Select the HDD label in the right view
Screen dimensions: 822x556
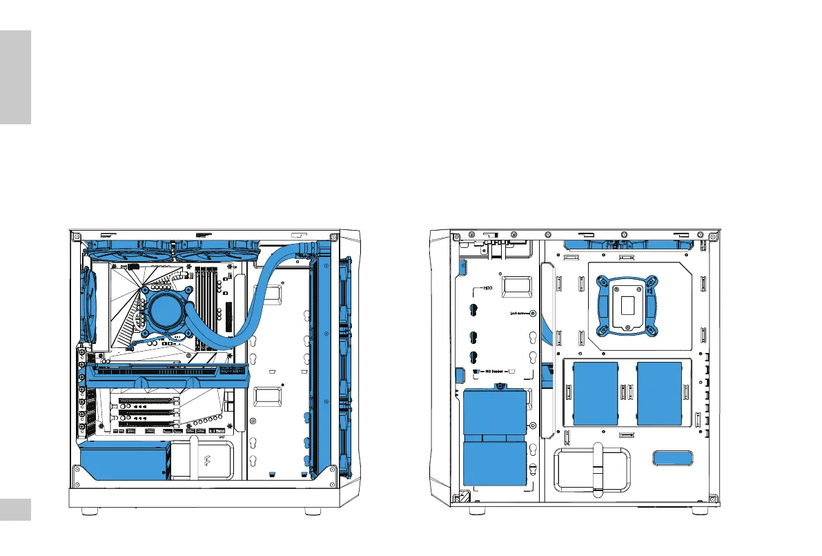487,289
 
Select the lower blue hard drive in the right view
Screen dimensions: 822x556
494,465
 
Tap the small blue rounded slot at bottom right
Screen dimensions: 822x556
672,458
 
